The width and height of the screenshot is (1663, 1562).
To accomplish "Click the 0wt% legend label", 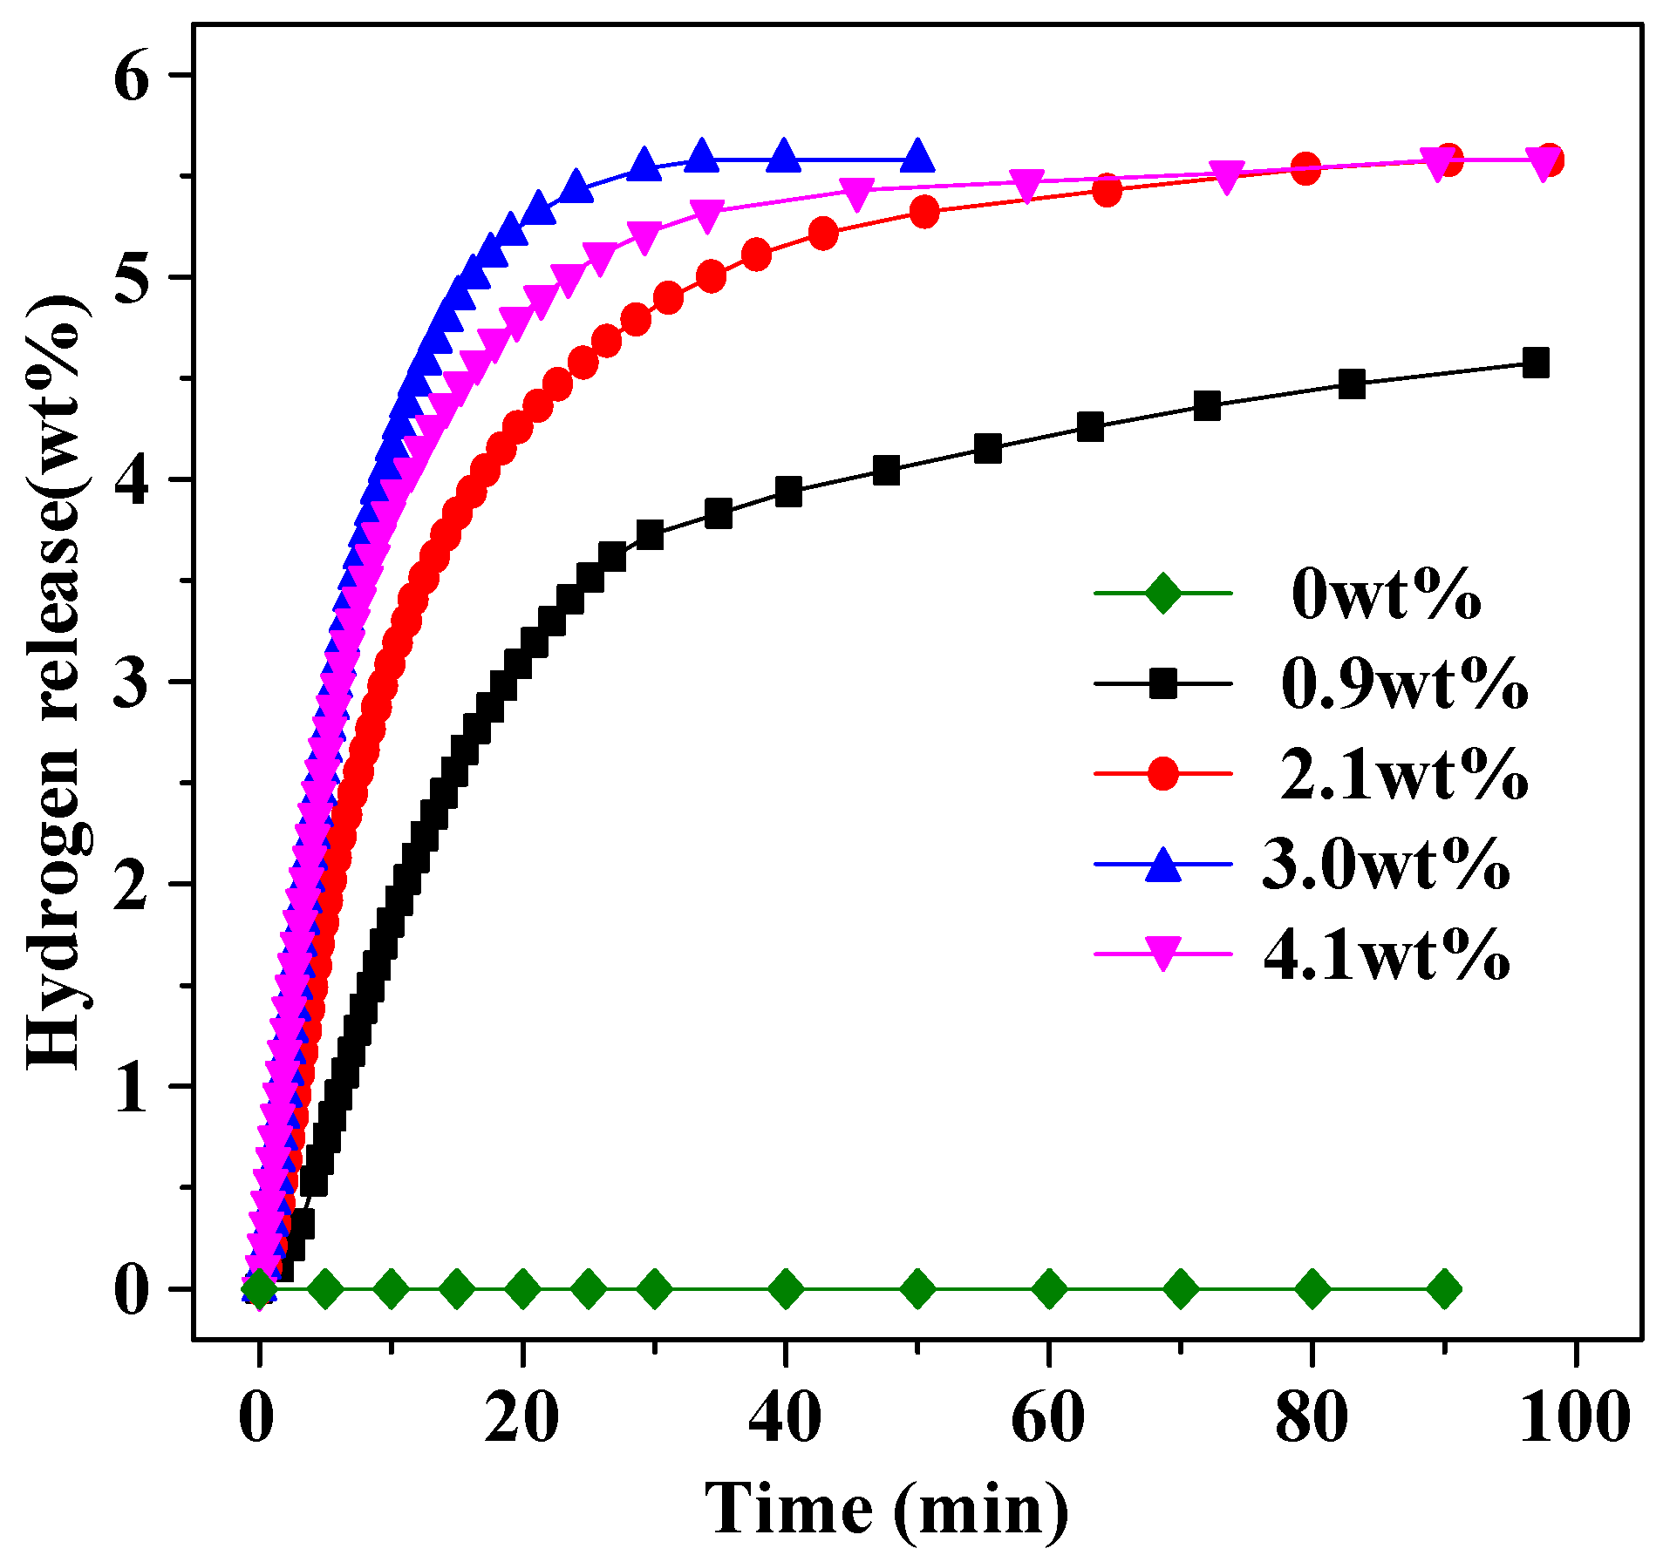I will coord(1386,595).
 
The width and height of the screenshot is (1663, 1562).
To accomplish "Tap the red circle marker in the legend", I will coord(1163,773).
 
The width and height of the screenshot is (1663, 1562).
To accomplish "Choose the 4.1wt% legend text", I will coord(1387,956).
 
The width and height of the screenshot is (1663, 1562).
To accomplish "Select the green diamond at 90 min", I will coord(1444,1288).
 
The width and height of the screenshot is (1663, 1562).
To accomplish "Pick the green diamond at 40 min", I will coord(786,1288).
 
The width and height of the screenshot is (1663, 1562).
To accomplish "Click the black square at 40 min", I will coord(787,492).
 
